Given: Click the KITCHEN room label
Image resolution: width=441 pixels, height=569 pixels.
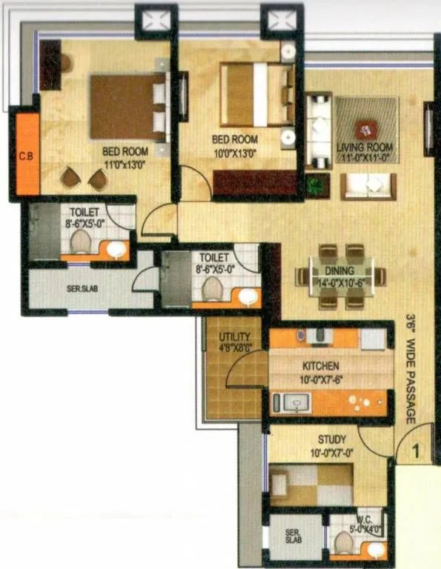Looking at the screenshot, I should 321,366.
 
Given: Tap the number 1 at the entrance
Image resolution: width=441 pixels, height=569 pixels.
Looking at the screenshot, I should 417,450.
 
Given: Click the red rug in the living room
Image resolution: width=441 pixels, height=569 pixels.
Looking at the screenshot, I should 365,129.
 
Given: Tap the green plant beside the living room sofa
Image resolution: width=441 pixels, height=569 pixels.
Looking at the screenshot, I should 318,184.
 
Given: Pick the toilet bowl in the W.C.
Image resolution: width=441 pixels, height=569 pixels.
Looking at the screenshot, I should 343,543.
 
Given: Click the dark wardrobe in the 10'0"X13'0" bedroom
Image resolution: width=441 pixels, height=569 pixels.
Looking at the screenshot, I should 254,182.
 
